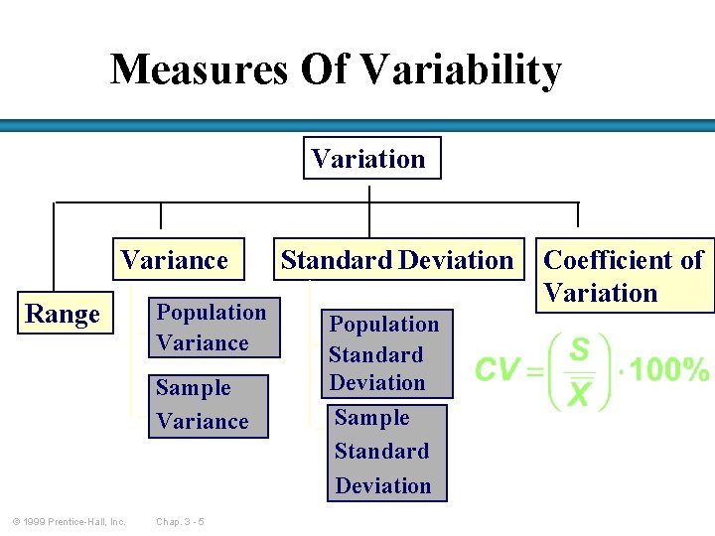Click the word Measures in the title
(x=197, y=70)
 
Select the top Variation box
(x=369, y=159)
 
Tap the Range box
(x=63, y=315)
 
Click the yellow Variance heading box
(x=175, y=260)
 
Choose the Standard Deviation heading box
(x=397, y=260)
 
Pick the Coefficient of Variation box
(x=625, y=276)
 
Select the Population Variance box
(x=213, y=328)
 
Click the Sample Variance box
(x=207, y=405)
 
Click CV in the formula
(x=498, y=371)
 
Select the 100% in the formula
(x=670, y=371)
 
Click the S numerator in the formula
(x=579, y=349)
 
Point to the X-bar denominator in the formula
(x=579, y=394)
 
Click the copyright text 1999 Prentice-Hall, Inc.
(x=69, y=521)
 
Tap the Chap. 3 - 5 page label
(x=180, y=521)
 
